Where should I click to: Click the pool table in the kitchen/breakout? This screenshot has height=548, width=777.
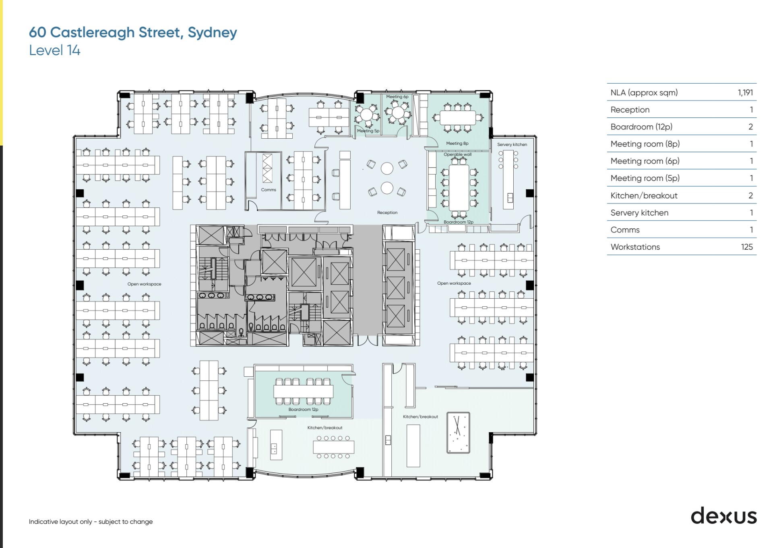[x=458, y=433]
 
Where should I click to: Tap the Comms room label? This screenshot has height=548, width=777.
[x=269, y=190]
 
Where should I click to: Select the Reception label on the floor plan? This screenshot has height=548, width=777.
[x=387, y=212]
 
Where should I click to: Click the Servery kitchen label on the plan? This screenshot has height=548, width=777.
[x=512, y=144]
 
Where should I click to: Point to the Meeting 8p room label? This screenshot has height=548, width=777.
[x=457, y=144]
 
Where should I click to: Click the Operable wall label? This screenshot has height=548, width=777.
[x=457, y=154]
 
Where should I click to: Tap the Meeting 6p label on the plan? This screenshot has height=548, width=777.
[x=397, y=96]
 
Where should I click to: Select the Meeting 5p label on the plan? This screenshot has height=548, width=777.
[x=368, y=131]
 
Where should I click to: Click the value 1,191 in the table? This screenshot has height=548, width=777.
[x=745, y=92]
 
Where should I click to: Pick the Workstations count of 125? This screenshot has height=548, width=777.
[x=746, y=247]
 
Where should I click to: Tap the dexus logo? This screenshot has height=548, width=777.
[x=723, y=516]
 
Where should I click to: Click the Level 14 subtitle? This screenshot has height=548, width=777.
[x=55, y=50]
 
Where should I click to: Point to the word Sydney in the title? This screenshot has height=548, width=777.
[x=212, y=32]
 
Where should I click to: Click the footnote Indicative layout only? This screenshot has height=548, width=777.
[x=91, y=521]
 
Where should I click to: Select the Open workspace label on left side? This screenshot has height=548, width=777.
[x=144, y=284]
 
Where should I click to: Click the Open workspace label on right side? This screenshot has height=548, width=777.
[x=454, y=283]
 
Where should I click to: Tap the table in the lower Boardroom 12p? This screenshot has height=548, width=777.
[x=303, y=391]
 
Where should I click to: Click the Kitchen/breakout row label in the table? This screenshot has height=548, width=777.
[x=644, y=195]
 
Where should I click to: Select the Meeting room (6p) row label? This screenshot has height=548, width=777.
[x=645, y=161]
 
